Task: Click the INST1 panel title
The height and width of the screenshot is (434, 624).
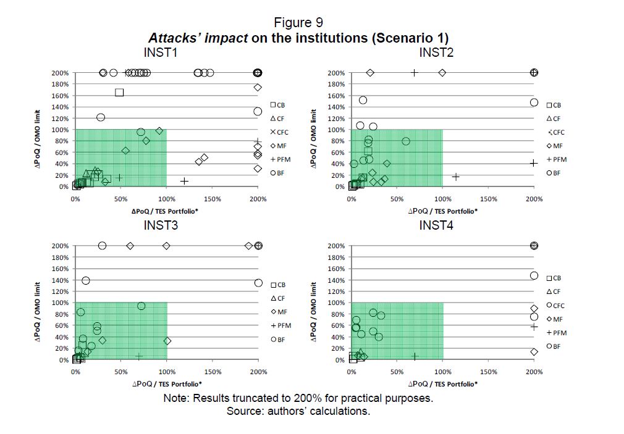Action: pos(161,52)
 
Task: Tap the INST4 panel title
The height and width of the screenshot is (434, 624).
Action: pos(436,225)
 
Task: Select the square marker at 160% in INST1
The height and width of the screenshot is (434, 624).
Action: pos(119,93)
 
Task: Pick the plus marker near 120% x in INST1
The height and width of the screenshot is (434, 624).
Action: pos(184,181)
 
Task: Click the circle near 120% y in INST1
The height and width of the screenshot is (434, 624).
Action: pos(101,117)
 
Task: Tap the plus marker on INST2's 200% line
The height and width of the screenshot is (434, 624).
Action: pos(415,73)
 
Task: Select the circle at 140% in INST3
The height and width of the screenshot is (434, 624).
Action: pos(86,280)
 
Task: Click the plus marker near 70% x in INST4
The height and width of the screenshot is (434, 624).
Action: pos(415,356)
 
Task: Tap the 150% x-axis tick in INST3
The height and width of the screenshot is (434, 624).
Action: pos(212,372)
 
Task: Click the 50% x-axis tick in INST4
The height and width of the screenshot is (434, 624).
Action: pos(397,372)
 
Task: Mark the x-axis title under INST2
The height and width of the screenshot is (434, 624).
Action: pos(442,211)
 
